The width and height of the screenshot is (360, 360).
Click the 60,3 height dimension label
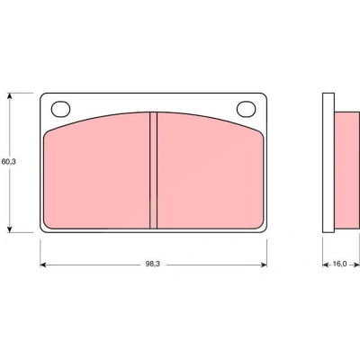pyautogui.click(x=9, y=162)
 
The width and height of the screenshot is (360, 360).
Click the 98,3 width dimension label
pyautogui.click(x=153, y=264)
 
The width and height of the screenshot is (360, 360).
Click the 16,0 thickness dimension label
pyautogui.click(x=339, y=264)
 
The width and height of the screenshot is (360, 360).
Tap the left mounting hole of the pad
pyautogui.click(x=60, y=109)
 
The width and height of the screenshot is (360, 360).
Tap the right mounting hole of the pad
pyautogui.click(x=247, y=109)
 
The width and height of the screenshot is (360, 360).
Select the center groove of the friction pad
pyautogui.click(x=153, y=170)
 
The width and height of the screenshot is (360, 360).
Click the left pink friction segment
pyautogui.click(x=96, y=173)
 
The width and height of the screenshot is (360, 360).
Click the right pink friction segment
pyautogui.click(x=210, y=173)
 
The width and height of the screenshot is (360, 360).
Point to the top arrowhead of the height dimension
pyautogui.click(x=10, y=96)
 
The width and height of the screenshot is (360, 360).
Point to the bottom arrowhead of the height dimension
pyautogui.click(x=10, y=229)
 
